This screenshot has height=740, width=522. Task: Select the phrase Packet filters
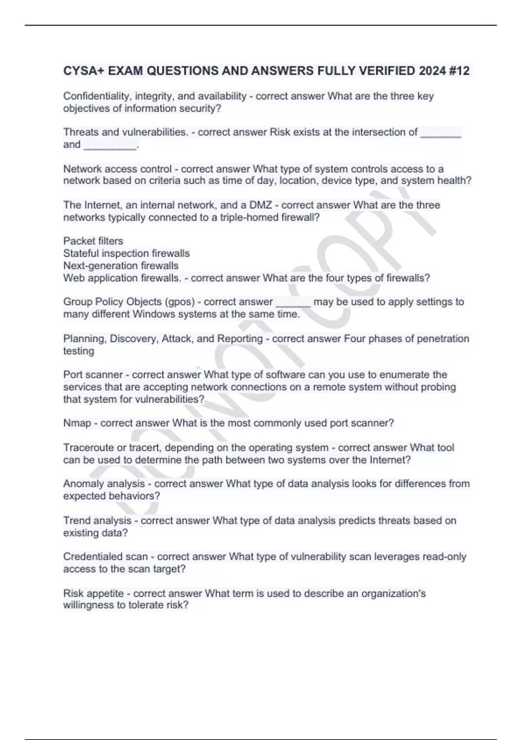(x=93, y=241)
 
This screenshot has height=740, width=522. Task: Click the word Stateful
(x=81, y=253)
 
